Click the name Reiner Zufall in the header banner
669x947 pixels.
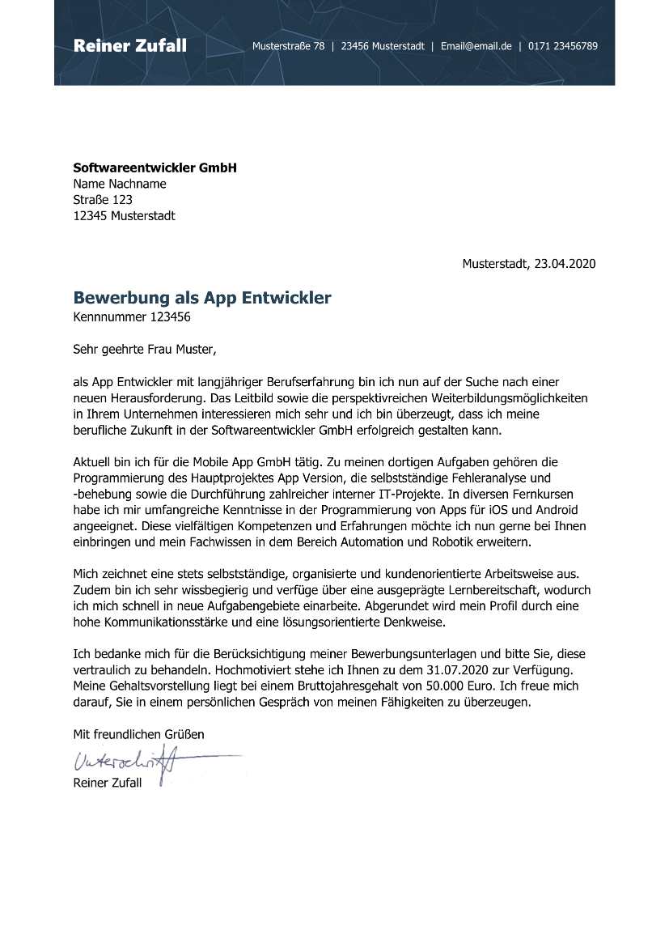coord(129,45)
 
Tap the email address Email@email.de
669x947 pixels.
coord(476,46)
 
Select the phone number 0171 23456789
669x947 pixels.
coord(563,46)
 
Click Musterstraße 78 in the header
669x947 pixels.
coord(288,46)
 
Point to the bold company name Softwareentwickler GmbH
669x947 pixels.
coord(155,168)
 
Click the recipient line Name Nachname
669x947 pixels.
coord(120,184)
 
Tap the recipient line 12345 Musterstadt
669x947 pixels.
coord(124,216)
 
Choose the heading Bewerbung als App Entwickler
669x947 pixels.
coord(202,298)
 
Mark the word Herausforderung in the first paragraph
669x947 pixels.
coord(154,398)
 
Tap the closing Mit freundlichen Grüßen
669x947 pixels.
coord(138,734)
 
